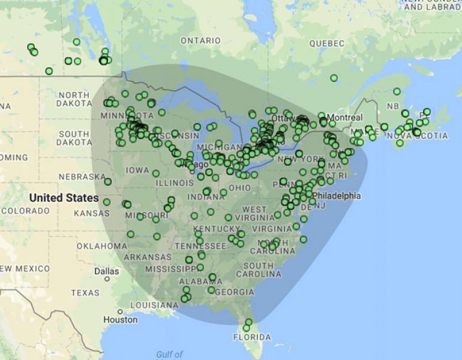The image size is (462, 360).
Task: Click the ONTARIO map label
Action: (x=200, y=41)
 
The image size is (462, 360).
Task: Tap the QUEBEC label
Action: (x=327, y=44)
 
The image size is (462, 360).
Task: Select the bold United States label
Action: (x=64, y=197)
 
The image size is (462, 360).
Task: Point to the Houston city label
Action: (x=120, y=320)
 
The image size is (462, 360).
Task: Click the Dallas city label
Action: (x=107, y=271)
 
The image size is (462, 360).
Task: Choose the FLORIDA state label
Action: (x=252, y=337)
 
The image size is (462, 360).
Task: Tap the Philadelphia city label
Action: (x=337, y=196)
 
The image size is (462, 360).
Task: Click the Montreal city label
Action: (x=345, y=117)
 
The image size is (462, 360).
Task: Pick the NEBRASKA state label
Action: (x=82, y=177)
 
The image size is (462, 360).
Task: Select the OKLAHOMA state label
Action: (x=102, y=246)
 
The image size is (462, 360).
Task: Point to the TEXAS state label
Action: (x=85, y=293)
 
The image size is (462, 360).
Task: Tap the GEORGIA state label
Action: (x=233, y=292)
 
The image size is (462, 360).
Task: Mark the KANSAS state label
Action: (x=92, y=213)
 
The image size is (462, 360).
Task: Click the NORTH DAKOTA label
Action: (x=74, y=99)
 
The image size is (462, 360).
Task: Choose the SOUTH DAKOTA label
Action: (x=74, y=138)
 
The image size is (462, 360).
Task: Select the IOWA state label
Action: (x=137, y=170)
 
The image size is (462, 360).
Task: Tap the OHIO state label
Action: (x=240, y=188)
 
